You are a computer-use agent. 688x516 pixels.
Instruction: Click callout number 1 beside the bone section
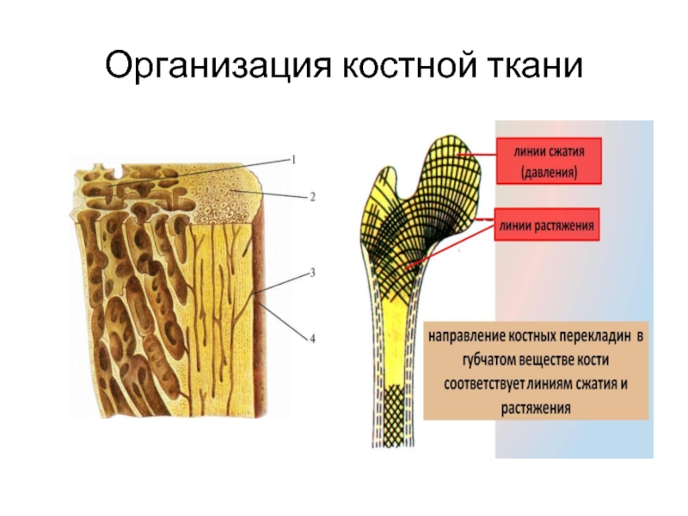[x=294, y=160]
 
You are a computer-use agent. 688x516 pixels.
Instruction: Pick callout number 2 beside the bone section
[x=312, y=197]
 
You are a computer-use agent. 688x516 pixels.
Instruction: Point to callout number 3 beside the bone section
[x=312, y=273]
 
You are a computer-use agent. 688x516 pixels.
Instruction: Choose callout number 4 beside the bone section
[x=312, y=338]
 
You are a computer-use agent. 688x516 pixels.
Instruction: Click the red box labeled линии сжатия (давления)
[x=549, y=161]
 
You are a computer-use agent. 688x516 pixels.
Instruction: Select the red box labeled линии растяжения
[x=547, y=224]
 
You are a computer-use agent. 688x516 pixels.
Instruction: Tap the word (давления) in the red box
[x=549, y=172]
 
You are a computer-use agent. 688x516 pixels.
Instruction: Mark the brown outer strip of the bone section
[x=261, y=307]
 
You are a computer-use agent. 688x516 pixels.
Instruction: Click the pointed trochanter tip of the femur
[x=388, y=168]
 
